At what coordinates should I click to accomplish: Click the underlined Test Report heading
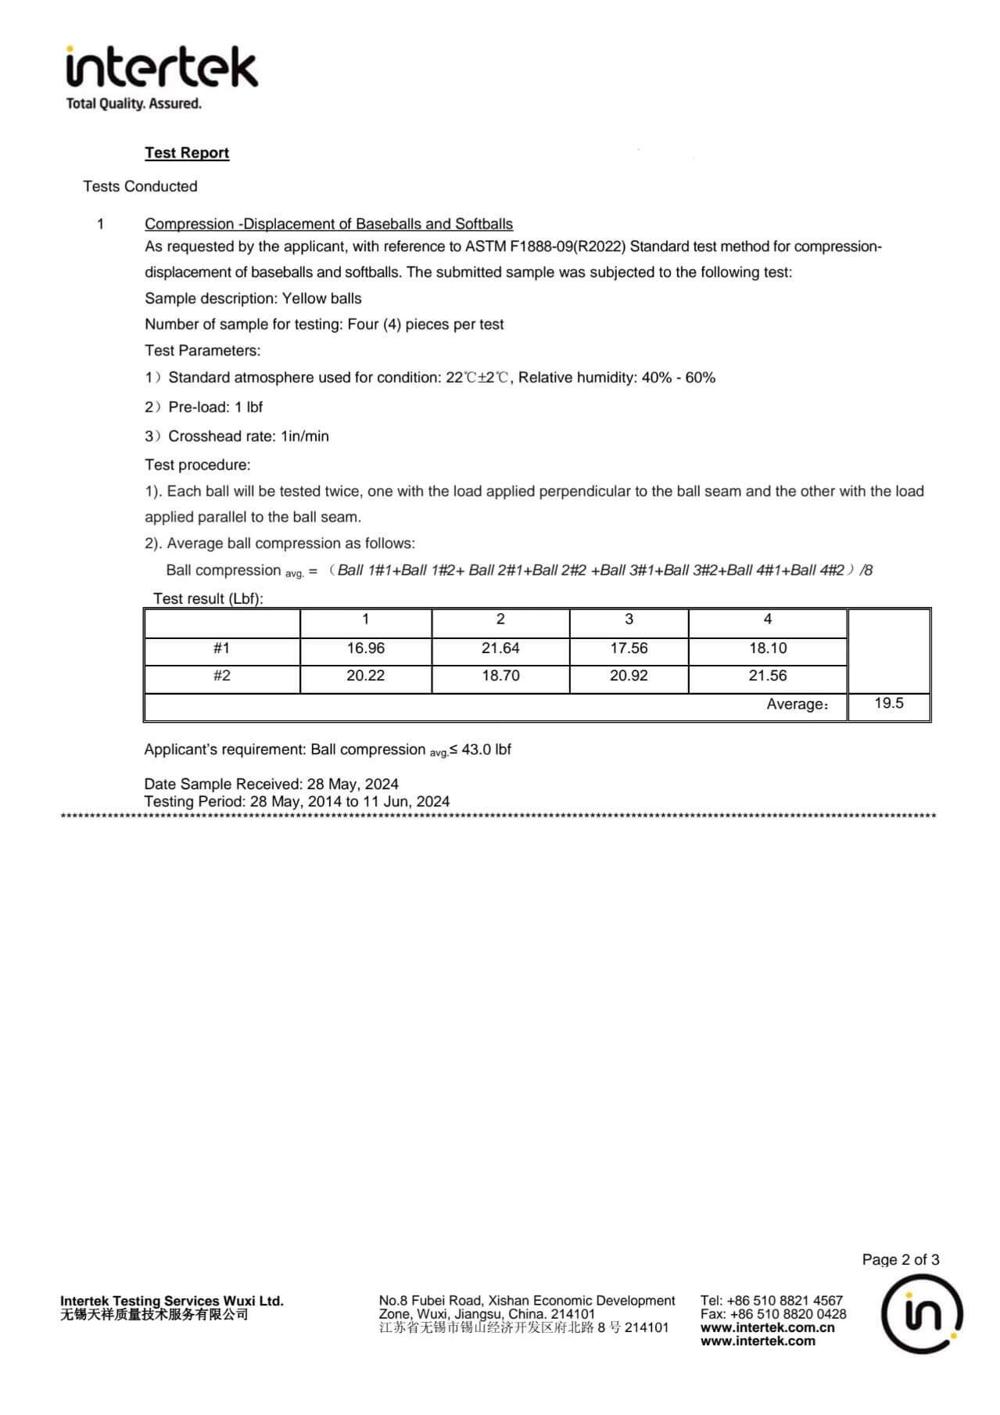point(187,153)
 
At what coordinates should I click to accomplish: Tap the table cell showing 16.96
point(365,648)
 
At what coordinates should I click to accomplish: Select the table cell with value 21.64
point(500,648)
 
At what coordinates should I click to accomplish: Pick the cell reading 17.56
point(629,648)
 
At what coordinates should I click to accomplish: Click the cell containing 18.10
point(767,648)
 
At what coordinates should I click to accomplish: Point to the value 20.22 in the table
point(365,676)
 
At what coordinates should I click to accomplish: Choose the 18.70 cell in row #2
point(500,676)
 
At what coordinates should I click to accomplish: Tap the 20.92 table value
point(629,676)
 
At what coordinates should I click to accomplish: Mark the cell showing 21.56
point(767,676)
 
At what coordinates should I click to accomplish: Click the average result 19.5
point(888,703)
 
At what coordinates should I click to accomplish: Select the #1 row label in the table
point(222,648)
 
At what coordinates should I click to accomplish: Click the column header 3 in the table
point(629,620)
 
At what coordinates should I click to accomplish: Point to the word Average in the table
point(795,704)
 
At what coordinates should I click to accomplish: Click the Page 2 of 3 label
point(901,1259)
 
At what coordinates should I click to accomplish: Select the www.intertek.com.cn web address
point(767,1327)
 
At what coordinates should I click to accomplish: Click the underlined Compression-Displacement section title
point(328,224)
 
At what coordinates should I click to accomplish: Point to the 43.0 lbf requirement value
point(486,749)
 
